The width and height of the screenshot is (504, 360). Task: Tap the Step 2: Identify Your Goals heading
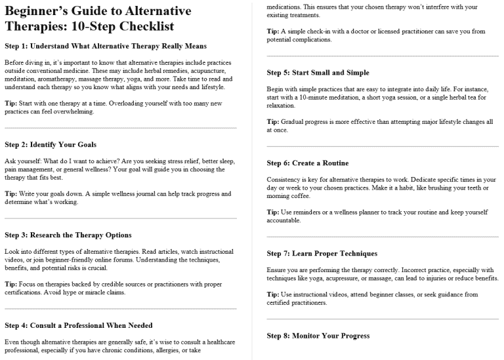[x=51, y=144]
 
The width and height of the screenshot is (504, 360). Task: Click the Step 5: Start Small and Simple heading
[x=318, y=72]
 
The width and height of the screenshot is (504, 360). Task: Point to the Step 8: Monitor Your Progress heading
[x=318, y=336]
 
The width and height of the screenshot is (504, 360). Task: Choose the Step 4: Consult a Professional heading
[x=78, y=325]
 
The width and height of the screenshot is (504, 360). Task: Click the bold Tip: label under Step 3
[x=10, y=285]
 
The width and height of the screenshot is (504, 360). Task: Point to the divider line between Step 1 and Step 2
[x=120, y=128]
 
